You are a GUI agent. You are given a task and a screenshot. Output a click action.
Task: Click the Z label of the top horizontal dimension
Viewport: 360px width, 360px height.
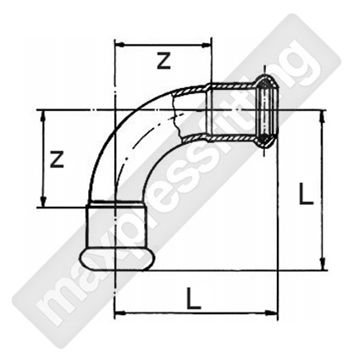(164, 62)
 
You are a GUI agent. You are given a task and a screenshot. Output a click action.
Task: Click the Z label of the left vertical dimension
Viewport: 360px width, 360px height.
(57, 159)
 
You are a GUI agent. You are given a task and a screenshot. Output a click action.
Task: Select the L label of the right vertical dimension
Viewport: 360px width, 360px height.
(307, 193)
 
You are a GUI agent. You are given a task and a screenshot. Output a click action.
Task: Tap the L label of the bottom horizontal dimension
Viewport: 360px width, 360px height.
(194, 298)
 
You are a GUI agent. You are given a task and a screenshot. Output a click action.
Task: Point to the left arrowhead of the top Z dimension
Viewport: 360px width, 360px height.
(120, 44)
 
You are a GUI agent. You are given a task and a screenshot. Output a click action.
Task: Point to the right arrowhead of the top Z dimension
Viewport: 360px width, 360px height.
(206, 44)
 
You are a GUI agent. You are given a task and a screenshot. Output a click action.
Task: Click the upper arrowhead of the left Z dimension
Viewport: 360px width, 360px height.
(43, 116)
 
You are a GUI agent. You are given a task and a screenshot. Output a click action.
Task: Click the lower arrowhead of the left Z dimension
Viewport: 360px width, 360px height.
(43, 202)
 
